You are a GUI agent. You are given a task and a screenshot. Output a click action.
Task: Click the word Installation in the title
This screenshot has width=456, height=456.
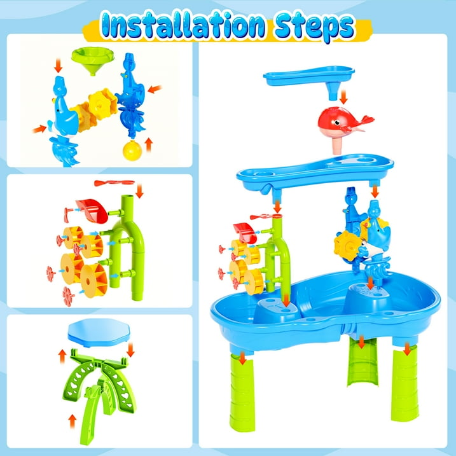183,25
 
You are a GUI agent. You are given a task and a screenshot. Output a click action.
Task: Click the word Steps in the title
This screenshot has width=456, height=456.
315,27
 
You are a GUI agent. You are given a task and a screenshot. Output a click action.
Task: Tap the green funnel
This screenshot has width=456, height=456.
93,60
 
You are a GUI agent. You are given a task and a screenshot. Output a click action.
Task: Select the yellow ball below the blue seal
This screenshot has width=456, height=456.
132,150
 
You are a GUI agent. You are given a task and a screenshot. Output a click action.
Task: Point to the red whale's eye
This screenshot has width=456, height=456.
337,122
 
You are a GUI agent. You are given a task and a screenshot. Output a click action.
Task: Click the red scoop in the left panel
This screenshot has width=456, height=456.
92,211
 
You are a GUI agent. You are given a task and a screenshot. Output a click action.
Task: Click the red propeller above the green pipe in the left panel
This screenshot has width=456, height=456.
114,183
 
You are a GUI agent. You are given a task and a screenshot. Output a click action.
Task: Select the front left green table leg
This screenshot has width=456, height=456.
242,392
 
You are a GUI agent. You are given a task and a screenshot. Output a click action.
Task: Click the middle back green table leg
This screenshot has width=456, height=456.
363,362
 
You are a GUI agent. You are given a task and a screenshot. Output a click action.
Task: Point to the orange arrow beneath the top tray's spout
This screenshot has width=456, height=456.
343,97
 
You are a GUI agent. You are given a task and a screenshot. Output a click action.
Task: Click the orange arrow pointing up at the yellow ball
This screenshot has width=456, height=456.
149,144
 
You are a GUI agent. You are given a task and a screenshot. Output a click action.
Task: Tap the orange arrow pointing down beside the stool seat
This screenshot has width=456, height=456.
130,350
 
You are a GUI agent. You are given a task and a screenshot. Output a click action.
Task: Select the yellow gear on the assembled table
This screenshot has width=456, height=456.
346,245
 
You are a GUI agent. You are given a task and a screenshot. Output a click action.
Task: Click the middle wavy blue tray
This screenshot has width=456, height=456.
315,173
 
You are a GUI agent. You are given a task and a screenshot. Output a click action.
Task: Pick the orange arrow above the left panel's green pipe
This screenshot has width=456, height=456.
139,191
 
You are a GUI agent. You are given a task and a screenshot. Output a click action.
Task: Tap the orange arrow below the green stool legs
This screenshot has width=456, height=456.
72,421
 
